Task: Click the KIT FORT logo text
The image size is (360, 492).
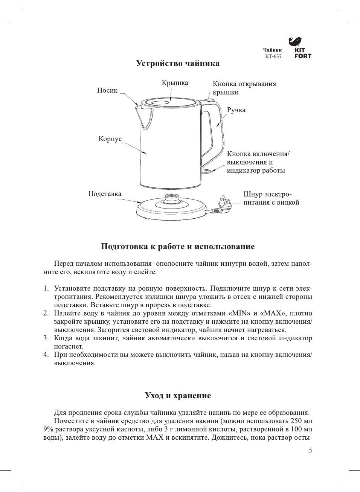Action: (x=303, y=53)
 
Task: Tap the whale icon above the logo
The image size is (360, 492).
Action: (x=295, y=41)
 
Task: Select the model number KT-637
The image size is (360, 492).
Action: (x=273, y=56)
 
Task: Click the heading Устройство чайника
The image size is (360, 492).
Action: (x=178, y=63)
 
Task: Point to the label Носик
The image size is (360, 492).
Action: (x=107, y=90)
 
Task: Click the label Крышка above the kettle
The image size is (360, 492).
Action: (x=175, y=83)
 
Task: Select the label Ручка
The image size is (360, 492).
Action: (x=236, y=110)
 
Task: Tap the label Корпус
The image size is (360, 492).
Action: (x=110, y=139)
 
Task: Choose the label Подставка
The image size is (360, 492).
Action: (x=105, y=194)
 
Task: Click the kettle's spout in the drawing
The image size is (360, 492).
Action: (x=144, y=115)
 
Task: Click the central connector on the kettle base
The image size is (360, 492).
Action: (x=172, y=197)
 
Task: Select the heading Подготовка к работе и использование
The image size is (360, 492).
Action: (x=178, y=247)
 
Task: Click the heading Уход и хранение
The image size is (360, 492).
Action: (x=178, y=395)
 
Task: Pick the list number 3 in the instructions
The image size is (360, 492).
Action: (x=46, y=338)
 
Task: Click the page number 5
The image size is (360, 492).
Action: (x=310, y=451)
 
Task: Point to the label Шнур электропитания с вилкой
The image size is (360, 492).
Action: (x=271, y=198)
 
